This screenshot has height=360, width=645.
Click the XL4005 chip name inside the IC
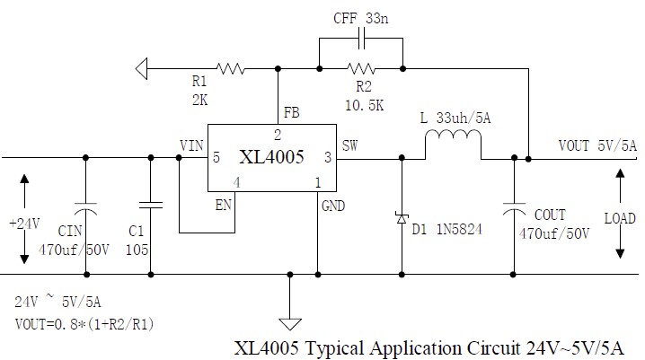click(x=271, y=157)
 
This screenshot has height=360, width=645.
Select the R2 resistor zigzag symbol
click(x=361, y=66)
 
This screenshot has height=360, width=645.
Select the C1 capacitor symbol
click(x=150, y=206)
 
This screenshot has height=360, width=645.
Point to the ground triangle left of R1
click(x=141, y=66)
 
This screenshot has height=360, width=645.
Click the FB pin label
click(x=292, y=115)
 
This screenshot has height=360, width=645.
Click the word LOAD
click(x=620, y=218)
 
